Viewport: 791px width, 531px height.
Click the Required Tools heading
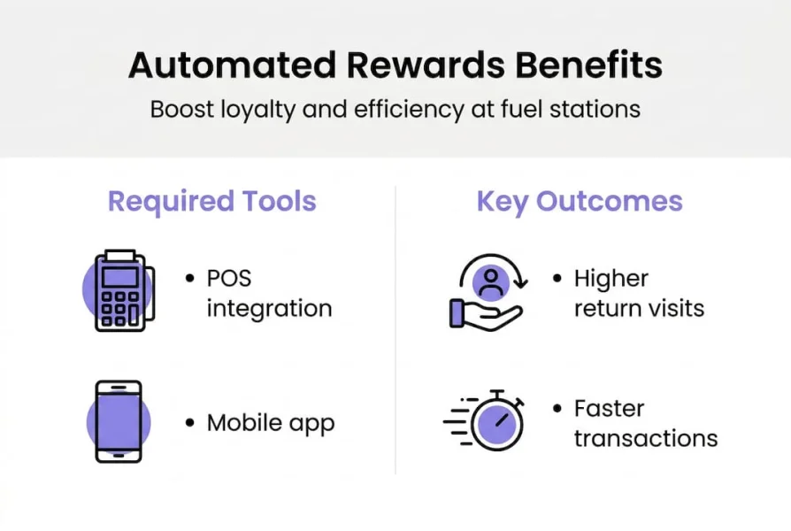tap(212, 201)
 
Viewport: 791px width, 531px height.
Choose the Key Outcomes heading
tap(580, 201)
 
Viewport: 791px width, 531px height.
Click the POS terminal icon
tap(121, 291)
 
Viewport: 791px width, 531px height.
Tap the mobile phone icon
tap(119, 421)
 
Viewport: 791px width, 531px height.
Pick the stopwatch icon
tap(496, 421)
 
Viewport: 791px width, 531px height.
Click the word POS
tap(229, 279)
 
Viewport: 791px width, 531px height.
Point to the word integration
tap(269, 309)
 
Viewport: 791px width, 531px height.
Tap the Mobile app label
tap(271, 423)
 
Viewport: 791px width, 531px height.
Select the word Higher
tap(611, 279)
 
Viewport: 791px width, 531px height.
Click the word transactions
tap(645, 438)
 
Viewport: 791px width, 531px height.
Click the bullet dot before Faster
tap(557, 409)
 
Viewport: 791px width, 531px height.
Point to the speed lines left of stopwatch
tap(457, 421)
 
